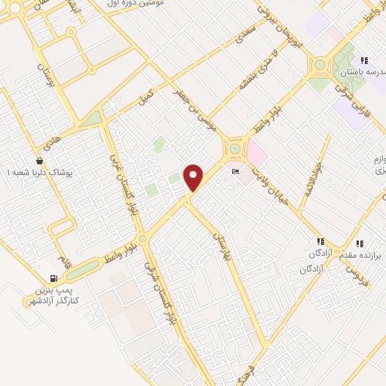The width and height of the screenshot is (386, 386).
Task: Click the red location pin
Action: (x=194, y=177)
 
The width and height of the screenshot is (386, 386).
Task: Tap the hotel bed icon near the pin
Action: (x=237, y=172)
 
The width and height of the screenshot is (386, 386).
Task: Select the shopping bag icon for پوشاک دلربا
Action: (x=39, y=161)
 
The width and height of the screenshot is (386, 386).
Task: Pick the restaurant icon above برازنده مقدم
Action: (x=360, y=244)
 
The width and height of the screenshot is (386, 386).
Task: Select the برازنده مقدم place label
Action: (x=360, y=256)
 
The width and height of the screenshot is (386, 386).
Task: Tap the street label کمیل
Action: (x=146, y=97)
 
